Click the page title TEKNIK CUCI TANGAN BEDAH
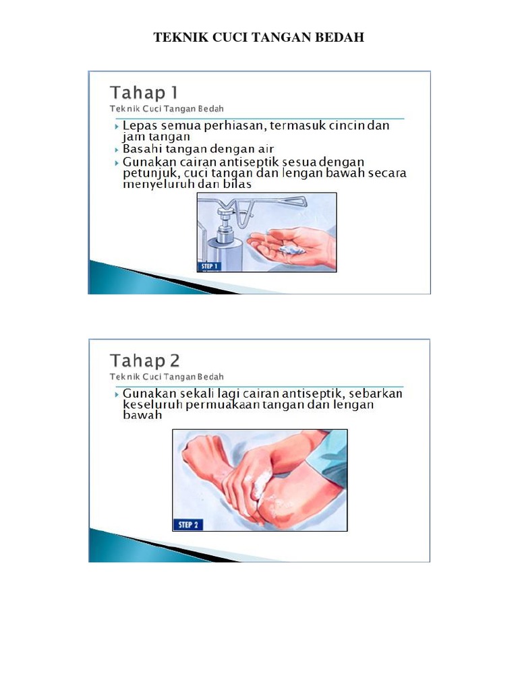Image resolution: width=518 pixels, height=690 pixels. [x=259, y=38]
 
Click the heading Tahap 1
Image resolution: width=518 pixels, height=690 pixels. [x=144, y=93]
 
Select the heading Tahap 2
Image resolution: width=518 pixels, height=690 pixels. [x=145, y=360]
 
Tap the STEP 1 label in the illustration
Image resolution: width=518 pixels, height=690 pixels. [x=210, y=266]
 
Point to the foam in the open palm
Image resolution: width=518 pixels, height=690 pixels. [x=292, y=250]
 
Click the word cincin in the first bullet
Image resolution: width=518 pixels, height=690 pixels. [x=343, y=126]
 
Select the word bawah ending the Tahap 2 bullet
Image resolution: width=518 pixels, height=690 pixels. [x=143, y=416]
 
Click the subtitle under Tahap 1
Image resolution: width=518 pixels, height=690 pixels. [x=167, y=108]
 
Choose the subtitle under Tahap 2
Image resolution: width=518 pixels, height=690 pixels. [x=167, y=377]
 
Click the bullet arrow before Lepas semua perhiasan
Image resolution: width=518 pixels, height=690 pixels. [x=115, y=126]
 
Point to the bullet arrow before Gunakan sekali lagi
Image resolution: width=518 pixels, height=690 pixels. [x=115, y=394]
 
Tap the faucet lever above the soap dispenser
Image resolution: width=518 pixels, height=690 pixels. [x=277, y=200]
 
